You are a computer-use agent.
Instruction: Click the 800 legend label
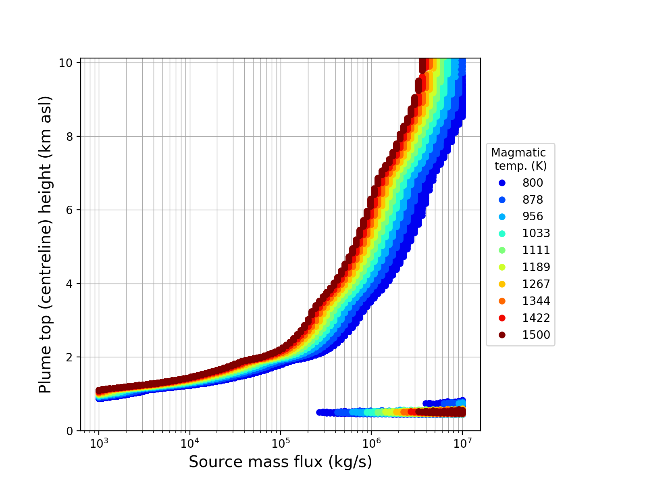point(533,183)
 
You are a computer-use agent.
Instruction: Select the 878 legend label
point(533,200)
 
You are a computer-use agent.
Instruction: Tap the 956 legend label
point(533,217)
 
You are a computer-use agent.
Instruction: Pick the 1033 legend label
point(536,234)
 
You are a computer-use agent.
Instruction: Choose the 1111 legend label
point(536,250)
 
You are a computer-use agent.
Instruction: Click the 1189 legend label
point(536,267)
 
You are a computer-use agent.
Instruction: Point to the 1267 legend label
point(536,284)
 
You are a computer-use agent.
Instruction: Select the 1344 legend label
point(536,301)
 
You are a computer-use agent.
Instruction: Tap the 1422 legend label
point(536,318)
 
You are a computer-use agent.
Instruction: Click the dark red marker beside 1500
point(502,335)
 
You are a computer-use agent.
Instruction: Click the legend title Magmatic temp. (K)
point(520,159)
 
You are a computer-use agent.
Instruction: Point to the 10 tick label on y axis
point(66,63)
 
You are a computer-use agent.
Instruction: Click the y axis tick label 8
point(70,136)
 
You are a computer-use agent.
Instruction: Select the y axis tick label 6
point(70,210)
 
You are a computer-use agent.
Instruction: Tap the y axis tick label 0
point(70,431)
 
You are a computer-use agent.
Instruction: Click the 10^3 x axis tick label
point(99,443)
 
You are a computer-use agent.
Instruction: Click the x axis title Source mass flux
point(280,462)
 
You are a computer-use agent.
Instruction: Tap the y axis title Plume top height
point(46,244)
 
